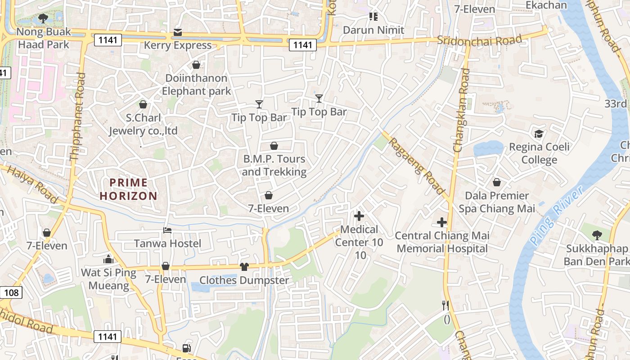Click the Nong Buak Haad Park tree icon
click(x=43, y=18)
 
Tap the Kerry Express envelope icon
click(x=178, y=33)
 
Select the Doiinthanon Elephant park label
click(x=196, y=85)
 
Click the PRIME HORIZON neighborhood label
click(x=128, y=189)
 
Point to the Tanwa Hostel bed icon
click(x=167, y=230)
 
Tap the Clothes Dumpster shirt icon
click(x=244, y=267)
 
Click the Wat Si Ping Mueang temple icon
click(x=108, y=259)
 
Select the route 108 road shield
click(x=11, y=293)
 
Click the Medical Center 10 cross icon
click(x=359, y=216)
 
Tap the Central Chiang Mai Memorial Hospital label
click(x=442, y=242)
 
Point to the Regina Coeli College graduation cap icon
click(x=538, y=134)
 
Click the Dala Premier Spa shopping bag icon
click(x=497, y=182)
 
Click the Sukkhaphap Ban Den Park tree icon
click(x=597, y=235)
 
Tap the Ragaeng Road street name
click(x=416, y=166)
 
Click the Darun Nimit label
click(x=373, y=30)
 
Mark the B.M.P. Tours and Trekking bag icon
click(x=274, y=146)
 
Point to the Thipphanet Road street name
click(x=77, y=117)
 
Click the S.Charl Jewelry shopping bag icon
click(x=143, y=105)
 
